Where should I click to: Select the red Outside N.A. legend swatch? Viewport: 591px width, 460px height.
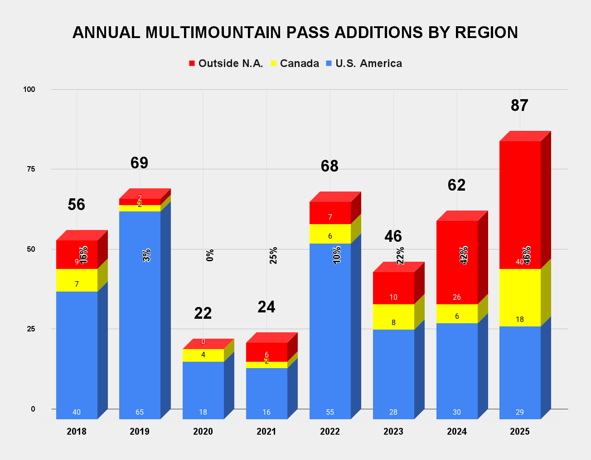pyautogui.click(x=192, y=63)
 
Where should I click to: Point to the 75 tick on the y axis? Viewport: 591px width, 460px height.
pyautogui.click(x=31, y=169)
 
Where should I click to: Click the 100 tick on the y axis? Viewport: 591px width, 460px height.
pyautogui.click(x=29, y=90)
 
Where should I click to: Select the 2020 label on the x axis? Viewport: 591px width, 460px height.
pyautogui.click(x=203, y=431)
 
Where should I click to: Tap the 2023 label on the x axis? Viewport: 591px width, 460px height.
pyautogui.click(x=393, y=431)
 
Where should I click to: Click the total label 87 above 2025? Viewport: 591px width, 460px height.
pyautogui.click(x=519, y=105)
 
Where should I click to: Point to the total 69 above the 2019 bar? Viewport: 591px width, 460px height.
pyautogui.click(x=139, y=163)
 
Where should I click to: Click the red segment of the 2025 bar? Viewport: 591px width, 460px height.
pyautogui.click(x=520, y=204)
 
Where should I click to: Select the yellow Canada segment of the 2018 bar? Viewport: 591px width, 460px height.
pyautogui.click(x=77, y=280)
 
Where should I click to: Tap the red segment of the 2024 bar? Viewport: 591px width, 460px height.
pyautogui.click(x=457, y=263)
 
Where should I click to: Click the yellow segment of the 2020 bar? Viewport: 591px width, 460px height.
pyautogui.click(x=203, y=355)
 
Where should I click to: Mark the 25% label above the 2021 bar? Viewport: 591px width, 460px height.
pyautogui.click(x=273, y=255)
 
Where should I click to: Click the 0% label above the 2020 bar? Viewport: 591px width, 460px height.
pyautogui.click(x=210, y=255)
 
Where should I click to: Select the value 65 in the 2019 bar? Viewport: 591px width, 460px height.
pyautogui.click(x=140, y=412)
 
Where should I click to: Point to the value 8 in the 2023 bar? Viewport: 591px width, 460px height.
pyautogui.click(x=393, y=323)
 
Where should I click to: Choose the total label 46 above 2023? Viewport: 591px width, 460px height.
pyautogui.click(x=393, y=236)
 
